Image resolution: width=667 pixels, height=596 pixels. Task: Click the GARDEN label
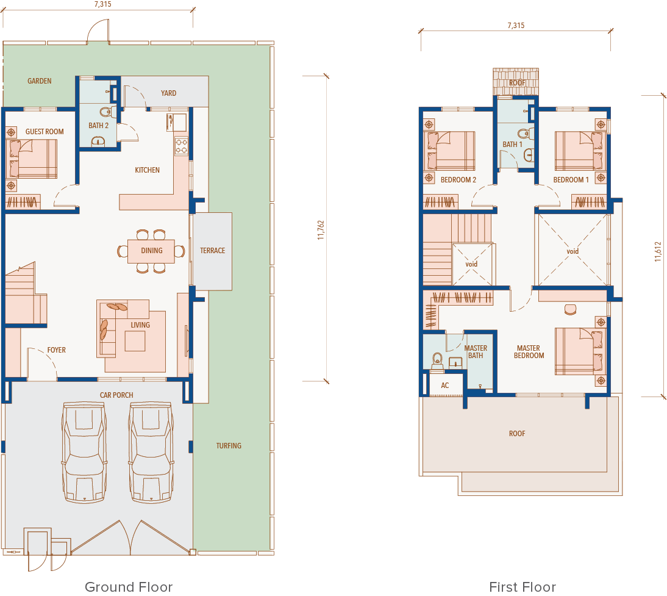40,81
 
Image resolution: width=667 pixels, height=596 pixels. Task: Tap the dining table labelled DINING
151,251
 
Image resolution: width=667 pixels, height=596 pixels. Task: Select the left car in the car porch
84,452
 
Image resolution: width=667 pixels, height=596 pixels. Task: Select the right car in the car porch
151,452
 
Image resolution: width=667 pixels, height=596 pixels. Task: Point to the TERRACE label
213,251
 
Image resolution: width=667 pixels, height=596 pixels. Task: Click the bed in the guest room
32,159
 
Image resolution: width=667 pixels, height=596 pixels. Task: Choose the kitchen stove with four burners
182,146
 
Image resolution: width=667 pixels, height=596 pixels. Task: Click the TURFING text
229,446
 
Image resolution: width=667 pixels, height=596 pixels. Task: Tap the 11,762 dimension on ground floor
321,230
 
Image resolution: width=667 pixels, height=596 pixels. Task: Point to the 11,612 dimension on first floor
658,251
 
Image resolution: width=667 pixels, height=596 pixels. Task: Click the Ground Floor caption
129,587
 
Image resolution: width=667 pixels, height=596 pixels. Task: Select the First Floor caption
523,587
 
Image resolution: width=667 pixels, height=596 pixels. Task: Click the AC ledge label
445,386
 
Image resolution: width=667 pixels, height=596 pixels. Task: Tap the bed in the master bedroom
579,351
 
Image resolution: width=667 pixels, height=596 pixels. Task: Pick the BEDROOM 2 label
458,179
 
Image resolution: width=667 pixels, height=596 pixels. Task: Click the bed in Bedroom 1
579,151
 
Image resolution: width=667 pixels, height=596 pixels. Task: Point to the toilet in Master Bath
437,361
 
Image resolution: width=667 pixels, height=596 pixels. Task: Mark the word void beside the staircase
471,264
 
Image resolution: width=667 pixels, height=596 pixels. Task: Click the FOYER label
57,350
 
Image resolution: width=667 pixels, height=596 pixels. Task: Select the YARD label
168,93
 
